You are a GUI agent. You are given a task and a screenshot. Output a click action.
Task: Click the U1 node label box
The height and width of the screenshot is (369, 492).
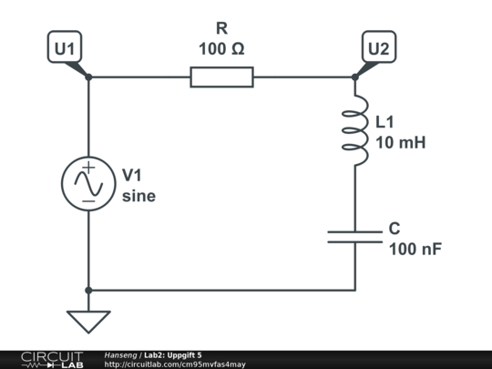coord(65,49)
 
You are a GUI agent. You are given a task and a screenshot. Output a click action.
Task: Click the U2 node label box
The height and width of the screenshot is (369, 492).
coord(378,49)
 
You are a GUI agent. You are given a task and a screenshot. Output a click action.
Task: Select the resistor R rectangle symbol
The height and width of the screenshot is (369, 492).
coord(221,77)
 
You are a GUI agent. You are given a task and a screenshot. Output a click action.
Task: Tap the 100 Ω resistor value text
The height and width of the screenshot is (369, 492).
coord(221,48)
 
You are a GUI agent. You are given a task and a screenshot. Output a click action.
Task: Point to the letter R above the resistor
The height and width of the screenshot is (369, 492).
coord(221,29)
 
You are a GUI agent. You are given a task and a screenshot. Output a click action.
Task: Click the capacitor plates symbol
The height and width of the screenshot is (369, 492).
coord(355,236)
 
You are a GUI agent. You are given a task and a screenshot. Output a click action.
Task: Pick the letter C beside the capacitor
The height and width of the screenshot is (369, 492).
coord(395,228)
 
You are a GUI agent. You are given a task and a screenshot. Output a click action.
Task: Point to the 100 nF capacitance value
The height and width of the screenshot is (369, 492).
coord(415,248)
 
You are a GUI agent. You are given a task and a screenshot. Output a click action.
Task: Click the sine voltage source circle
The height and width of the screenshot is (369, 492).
coord(88,184)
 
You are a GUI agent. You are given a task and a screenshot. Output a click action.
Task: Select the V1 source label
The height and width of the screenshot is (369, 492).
coord(133,174)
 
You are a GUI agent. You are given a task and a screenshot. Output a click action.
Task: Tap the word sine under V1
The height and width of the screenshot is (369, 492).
coord(139,195)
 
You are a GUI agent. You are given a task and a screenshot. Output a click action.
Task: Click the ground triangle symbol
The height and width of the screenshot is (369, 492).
coord(88,321)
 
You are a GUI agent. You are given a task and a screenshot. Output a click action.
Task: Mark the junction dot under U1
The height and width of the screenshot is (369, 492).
coord(88,77)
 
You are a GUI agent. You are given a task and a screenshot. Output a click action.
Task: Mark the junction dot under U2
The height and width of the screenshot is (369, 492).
coord(355,77)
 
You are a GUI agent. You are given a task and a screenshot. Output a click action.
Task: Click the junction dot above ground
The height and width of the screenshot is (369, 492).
coord(88,290)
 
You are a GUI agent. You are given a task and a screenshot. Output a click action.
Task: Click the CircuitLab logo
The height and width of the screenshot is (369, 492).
coord(50,359)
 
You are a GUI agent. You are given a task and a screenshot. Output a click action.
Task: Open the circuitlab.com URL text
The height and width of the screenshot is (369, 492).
coord(175,364)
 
